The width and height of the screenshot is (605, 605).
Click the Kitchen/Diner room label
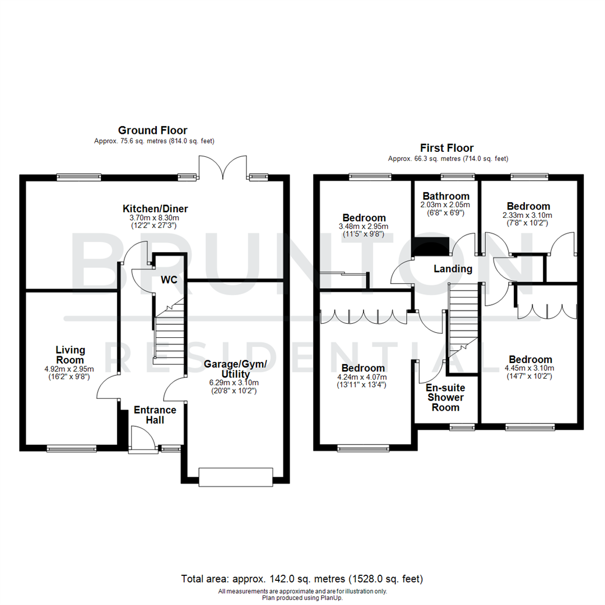(155, 208)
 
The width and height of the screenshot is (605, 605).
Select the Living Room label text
(70, 355)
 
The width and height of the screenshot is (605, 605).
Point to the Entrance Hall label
(155, 415)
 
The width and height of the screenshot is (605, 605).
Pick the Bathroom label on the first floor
(445, 196)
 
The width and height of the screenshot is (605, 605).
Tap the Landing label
(453, 269)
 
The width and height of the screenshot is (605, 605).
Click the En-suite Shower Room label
(445, 397)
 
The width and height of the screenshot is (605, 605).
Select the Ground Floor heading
(152, 131)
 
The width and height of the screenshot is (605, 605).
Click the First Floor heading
(447, 148)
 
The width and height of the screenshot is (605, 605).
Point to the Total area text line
(302, 579)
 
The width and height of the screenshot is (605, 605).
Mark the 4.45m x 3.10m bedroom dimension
(530, 368)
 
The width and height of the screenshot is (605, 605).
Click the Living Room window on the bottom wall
(71, 448)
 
